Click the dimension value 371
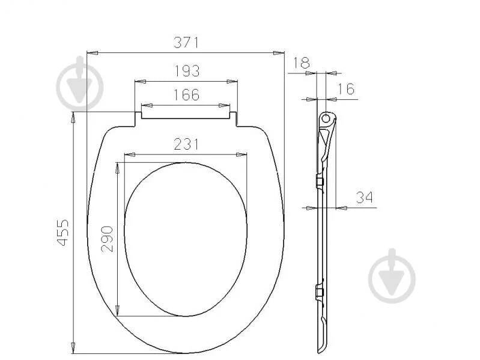(186, 43)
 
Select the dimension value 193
(187, 71)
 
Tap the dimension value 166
(186, 95)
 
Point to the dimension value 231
(186, 144)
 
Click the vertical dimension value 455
(63, 233)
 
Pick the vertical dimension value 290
(107, 239)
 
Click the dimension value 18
(302, 63)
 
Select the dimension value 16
(346, 89)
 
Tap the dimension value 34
(365, 198)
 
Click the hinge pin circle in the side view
(326, 118)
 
